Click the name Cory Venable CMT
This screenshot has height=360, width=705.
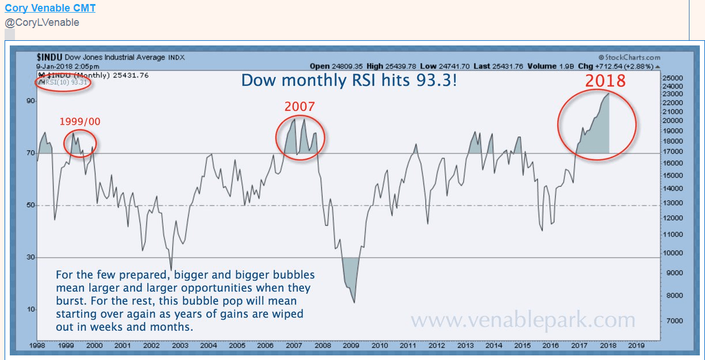click(50, 8)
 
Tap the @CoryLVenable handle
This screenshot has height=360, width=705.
click(42, 22)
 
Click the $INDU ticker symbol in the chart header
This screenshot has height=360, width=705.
click(49, 57)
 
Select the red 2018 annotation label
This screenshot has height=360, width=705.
click(605, 80)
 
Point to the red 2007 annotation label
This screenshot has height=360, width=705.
click(300, 106)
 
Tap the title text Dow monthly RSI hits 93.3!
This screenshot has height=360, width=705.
click(349, 79)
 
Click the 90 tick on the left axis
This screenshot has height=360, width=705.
click(30, 101)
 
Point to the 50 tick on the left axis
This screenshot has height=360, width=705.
click(30, 205)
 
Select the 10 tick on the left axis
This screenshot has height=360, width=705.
click(30, 310)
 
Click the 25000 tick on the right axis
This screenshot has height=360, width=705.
click(672, 78)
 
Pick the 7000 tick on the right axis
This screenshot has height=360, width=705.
click(670, 320)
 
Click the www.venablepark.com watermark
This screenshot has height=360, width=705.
click(523, 320)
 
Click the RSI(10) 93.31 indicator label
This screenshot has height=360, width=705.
click(65, 82)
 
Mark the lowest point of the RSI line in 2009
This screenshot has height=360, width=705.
click(354, 302)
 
